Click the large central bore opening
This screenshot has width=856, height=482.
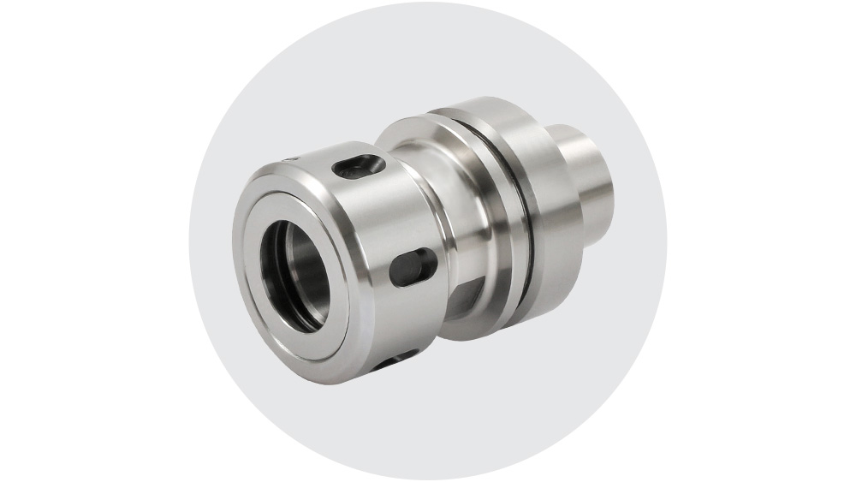294,273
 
